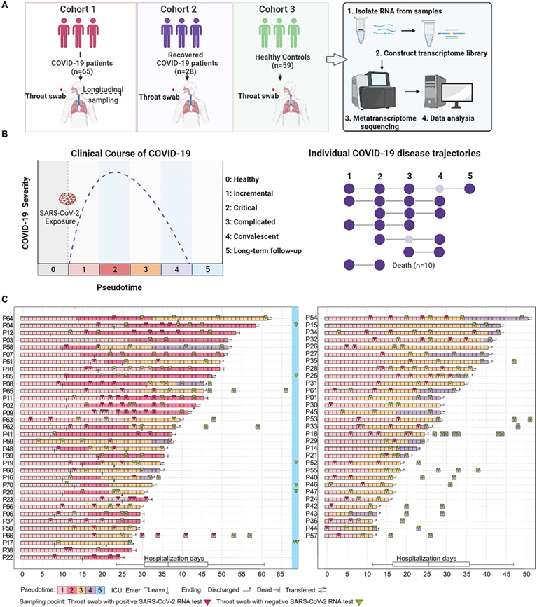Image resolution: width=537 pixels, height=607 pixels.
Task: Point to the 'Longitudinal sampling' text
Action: pos(102,94)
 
